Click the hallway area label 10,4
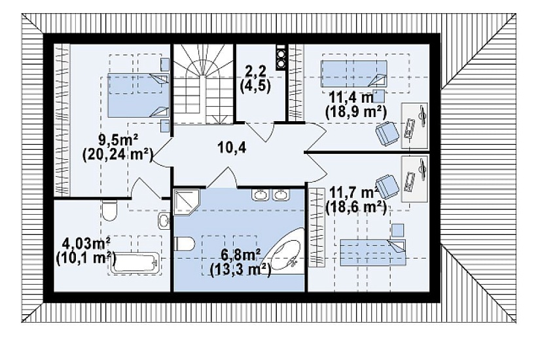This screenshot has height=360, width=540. point(232,148)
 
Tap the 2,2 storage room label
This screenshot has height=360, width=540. point(255,71)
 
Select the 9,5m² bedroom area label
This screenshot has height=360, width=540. point(118,140)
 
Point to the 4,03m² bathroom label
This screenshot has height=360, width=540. point(86,243)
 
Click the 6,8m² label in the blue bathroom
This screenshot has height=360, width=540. point(241,256)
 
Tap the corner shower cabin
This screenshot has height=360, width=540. point(187,202)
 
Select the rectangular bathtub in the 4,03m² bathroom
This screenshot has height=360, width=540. point(136,263)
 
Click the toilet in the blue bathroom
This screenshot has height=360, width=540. point(185,244)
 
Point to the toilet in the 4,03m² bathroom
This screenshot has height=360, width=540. point(110,211)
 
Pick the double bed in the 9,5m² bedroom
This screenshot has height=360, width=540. point(139,95)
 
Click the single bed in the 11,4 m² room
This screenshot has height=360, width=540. point(354,74)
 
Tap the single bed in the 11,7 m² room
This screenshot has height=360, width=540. point(373,253)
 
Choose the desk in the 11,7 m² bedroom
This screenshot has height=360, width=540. point(414,179)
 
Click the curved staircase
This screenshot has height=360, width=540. point(203,84)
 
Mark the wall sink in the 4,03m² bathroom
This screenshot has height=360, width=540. point(164,221)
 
